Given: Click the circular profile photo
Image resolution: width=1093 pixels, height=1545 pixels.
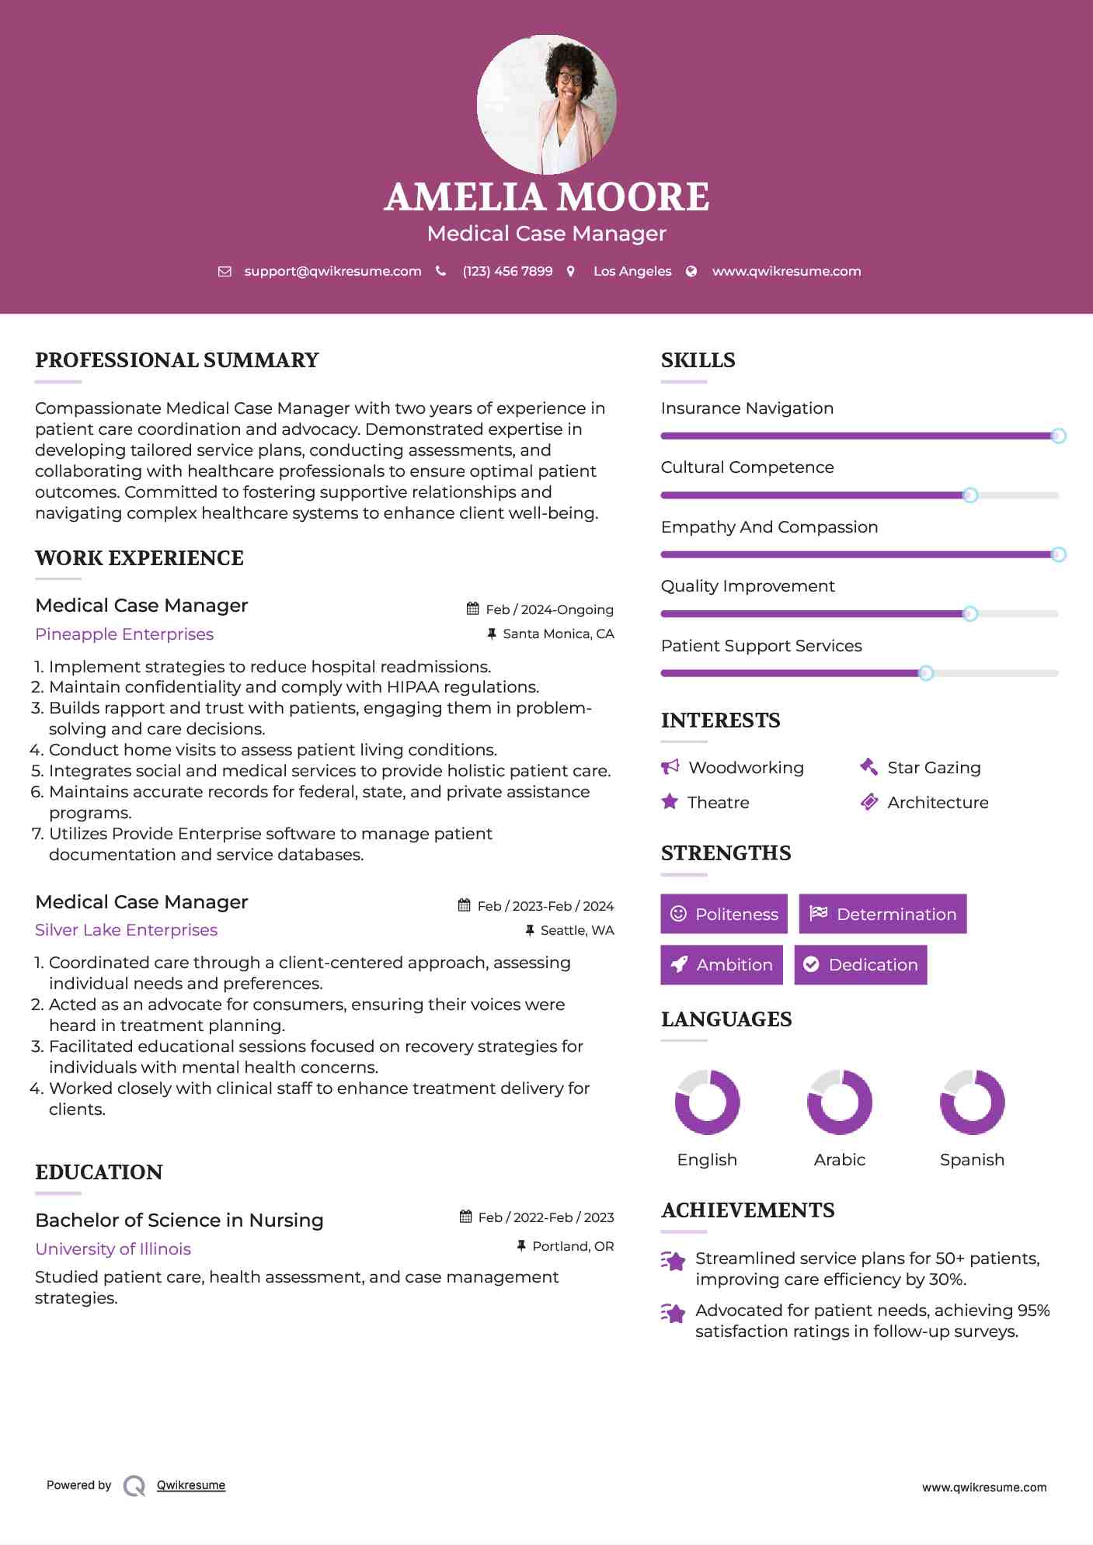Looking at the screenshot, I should coord(546,104).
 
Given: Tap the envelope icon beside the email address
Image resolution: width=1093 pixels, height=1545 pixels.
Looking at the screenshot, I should coord(225,271).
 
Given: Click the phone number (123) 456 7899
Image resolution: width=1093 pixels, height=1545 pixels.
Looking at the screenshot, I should coord(507,271).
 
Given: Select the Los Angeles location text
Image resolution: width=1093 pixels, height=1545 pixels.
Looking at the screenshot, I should coord(632,271).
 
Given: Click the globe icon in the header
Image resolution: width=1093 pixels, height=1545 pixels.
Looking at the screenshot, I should coord(691,271).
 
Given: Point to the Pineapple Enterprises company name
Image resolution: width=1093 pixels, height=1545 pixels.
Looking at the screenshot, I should coord(124,634).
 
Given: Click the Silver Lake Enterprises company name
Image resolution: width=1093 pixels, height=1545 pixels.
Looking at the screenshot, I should coord(126,930).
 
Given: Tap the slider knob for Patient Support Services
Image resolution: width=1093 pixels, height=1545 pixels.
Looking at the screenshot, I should coord(926,673).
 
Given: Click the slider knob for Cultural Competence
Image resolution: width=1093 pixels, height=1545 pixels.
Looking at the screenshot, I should coord(970,495).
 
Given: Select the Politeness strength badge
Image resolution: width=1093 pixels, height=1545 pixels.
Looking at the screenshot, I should coord(724,914).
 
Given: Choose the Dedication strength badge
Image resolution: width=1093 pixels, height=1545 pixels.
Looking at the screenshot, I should coord(861,965).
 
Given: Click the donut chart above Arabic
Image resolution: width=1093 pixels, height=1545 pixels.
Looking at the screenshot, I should coord(840,1102).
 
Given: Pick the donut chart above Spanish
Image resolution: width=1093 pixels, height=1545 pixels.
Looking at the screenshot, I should coord(972,1102).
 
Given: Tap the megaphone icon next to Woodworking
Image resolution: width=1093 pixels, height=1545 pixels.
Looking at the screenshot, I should coord(670,767).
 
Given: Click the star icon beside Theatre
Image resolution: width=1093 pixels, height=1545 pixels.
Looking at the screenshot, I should coord(670,802).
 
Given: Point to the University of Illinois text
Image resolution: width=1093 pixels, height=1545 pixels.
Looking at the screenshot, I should coord(113,1249).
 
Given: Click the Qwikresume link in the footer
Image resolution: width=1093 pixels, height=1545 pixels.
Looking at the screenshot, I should coord(191,1485).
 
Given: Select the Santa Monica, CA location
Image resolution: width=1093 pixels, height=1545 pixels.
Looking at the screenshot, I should coord(558,634).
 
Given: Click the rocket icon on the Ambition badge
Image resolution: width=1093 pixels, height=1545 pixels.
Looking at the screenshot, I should coord(680,964).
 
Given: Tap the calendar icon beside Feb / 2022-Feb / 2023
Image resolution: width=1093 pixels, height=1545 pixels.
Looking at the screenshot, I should coord(465,1217).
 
